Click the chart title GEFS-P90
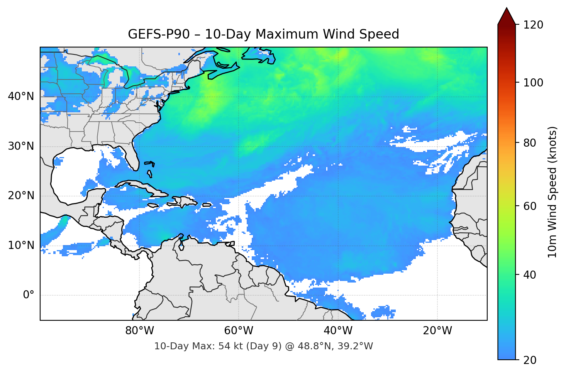pos(263,34)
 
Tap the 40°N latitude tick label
pos(21,96)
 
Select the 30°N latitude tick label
pos(21,146)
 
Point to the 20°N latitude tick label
pos(21,196)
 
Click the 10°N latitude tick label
pos(21,245)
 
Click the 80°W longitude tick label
pos(139,331)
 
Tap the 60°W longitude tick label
pos(239,331)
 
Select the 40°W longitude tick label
pos(338,331)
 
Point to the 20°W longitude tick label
pos(437,331)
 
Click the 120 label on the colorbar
pos(533,25)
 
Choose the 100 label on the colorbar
pos(533,83)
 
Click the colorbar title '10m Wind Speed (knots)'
pos(552,192)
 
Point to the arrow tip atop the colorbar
pos(507,8)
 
